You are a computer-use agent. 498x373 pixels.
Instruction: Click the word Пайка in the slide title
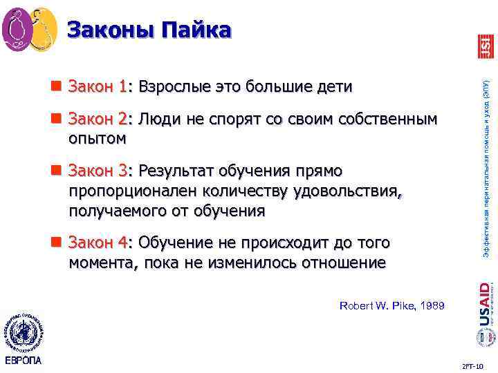196,30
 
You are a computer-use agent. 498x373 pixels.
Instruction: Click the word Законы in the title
111,30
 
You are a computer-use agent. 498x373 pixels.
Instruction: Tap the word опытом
98,138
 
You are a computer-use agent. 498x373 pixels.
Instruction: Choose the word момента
100,262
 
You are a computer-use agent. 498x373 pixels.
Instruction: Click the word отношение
339,262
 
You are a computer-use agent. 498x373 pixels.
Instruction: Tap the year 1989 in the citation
431,305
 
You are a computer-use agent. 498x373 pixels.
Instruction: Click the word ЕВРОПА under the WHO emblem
23,361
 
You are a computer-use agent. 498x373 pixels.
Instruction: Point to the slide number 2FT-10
472,363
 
